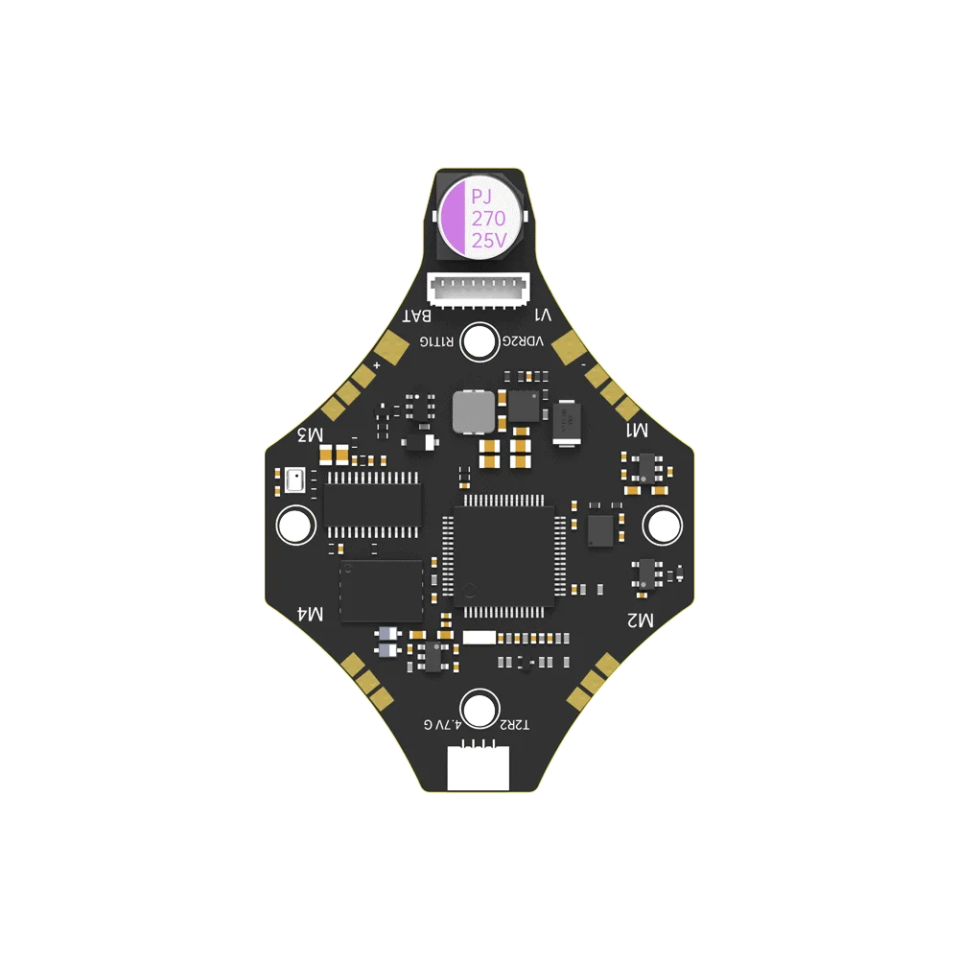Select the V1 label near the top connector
click(543, 315)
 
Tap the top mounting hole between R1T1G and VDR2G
click(479, 341)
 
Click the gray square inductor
click(473, 411)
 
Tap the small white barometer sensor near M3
click(294, 479)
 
